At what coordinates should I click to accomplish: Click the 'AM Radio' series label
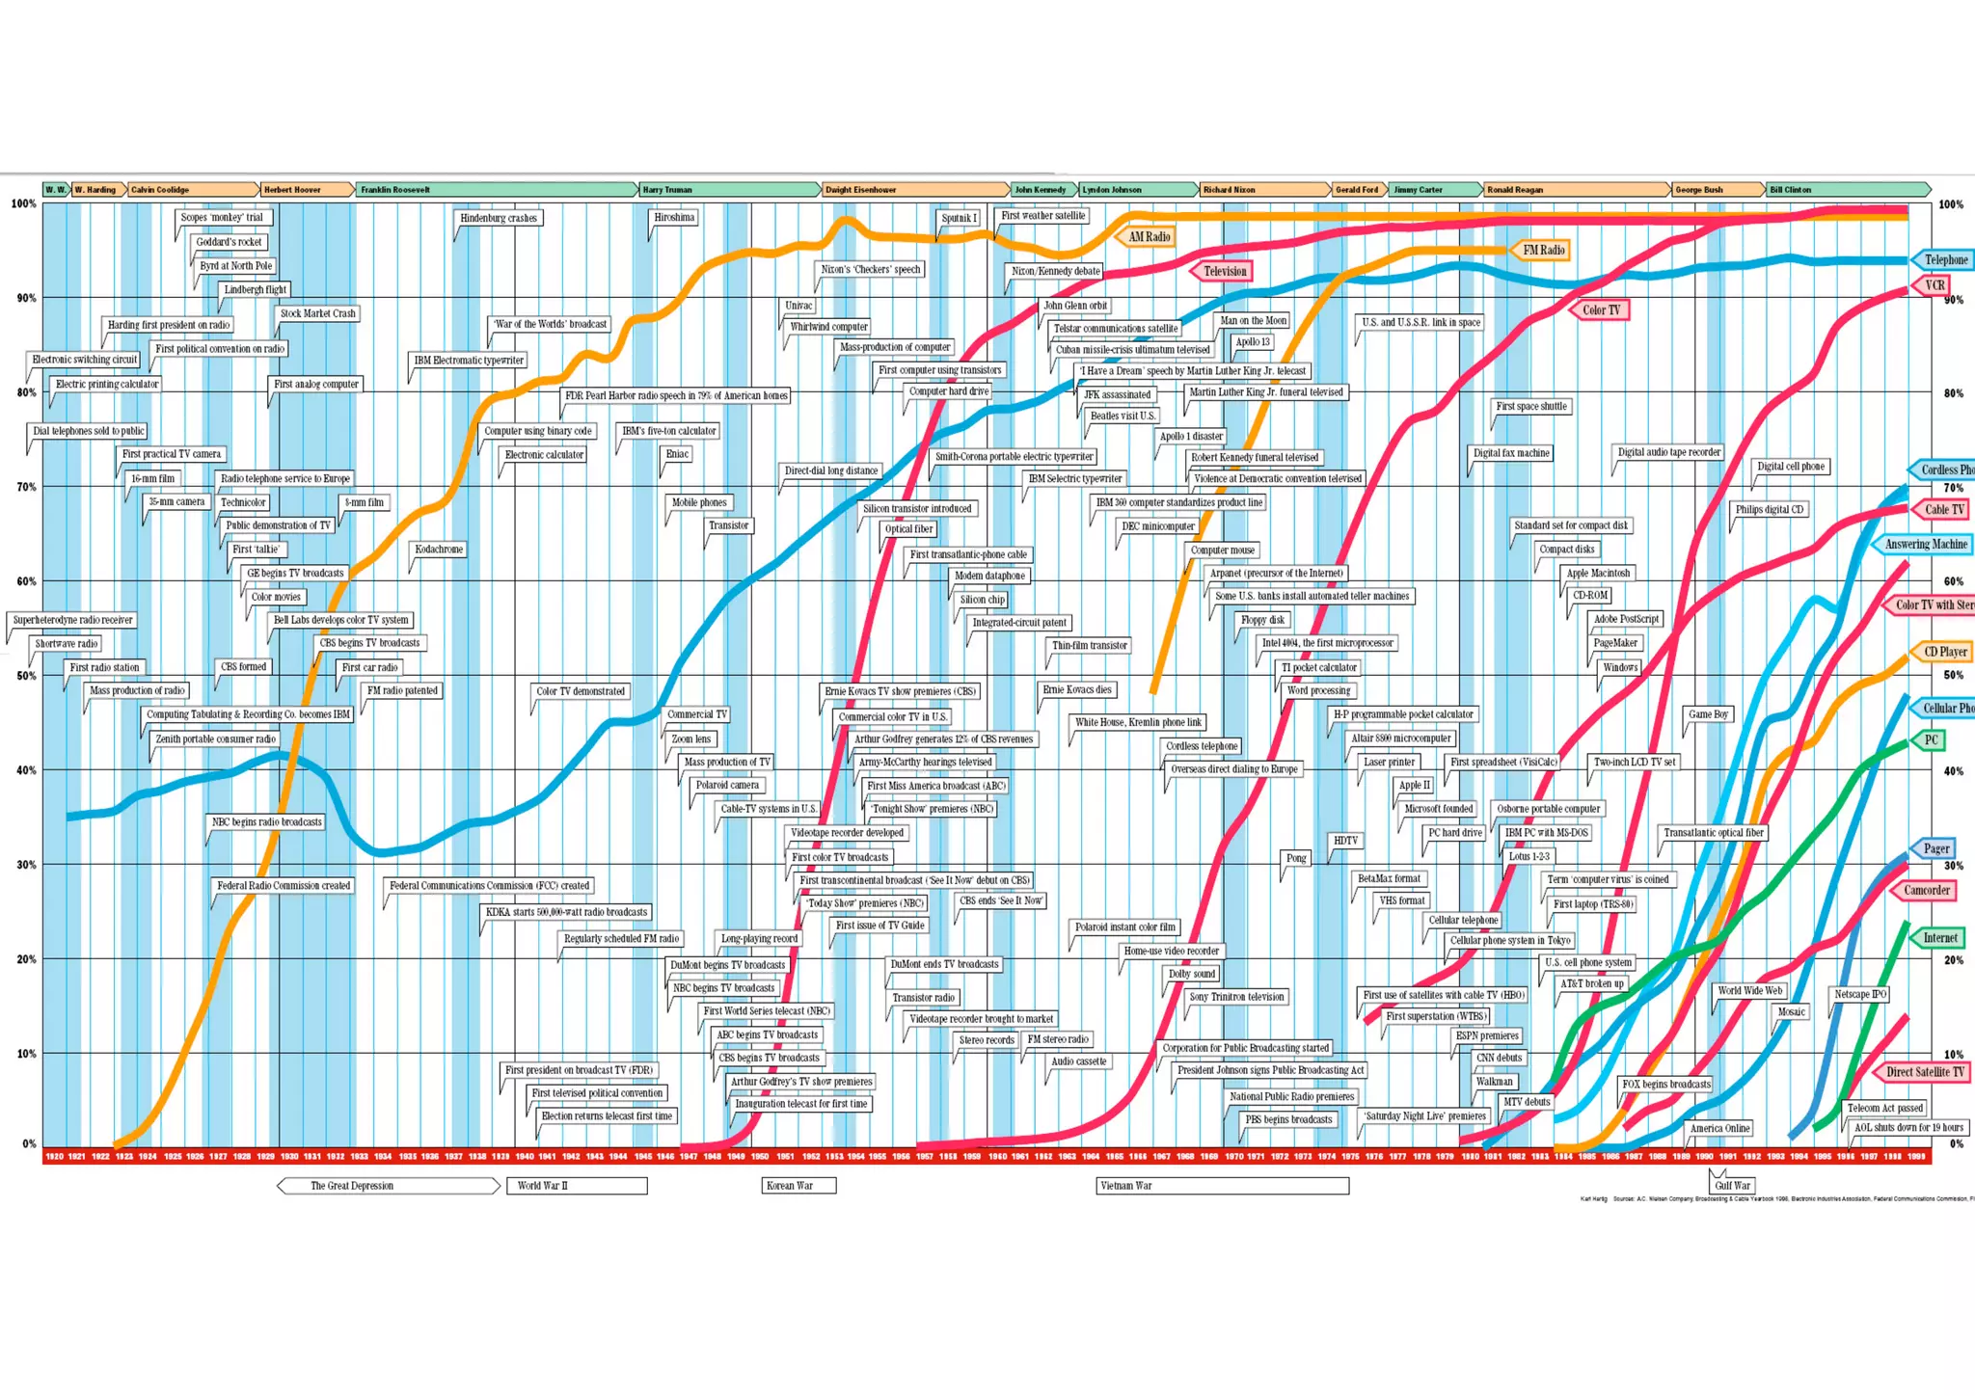tap(1150, 237)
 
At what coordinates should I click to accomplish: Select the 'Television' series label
tap(1225, 272)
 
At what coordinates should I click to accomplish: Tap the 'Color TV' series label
tap(1601, 310)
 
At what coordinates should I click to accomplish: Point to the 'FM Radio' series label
tap(1543, 251)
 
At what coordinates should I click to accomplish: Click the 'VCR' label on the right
tap(1934, 285)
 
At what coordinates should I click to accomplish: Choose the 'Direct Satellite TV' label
tap(1924, 1072)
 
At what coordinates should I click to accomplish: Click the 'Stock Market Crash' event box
tap(317, 313)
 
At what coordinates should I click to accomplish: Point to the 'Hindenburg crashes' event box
tap(498, 218)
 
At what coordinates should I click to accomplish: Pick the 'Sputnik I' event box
tap(959, 218)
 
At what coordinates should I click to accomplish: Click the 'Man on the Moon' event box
tap(1253, 321)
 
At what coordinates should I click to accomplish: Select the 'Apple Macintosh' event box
tap(1598, 573)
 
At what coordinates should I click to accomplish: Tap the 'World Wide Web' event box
tap(1750, 990)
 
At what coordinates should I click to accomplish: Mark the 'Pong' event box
tap(1296, 858)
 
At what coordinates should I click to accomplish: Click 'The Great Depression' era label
tap(352, 1186)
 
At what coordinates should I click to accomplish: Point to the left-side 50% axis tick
tap(26, 676)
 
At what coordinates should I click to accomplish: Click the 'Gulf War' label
tap(1732, 1186)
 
